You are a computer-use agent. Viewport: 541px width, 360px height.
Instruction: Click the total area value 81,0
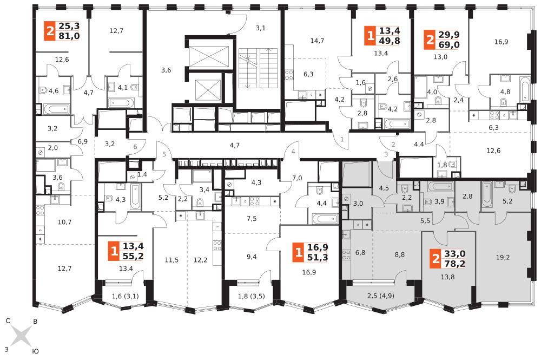(69, 36)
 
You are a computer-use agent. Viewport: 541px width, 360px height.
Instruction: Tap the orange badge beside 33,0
(436, 259)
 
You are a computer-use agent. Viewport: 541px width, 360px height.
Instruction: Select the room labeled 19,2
(503, 257)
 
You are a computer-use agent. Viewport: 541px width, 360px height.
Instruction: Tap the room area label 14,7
(317, 41)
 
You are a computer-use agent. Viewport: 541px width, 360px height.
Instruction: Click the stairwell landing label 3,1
(261, 28)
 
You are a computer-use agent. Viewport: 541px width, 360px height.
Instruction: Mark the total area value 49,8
(390, 41)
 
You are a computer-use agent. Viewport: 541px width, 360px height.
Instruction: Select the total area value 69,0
(449, 44)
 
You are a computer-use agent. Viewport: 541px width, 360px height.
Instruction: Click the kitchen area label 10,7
(64, 222)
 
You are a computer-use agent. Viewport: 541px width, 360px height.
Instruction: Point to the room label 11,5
(171, 260)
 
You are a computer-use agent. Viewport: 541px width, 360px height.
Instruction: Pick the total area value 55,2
(133, 256)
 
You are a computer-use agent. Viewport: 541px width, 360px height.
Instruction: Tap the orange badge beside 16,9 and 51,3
(299, 252)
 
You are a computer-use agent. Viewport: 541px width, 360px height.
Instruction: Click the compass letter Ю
(35, 351)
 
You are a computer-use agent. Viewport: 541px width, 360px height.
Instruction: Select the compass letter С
(8, 321)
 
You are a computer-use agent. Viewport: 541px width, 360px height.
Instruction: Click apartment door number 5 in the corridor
(164, 154)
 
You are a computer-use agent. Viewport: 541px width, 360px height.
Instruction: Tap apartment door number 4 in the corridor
(293, 151)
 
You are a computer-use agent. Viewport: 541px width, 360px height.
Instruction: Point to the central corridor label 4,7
(235, 145)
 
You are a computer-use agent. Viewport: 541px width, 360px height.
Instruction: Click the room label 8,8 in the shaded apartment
(400, 255)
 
